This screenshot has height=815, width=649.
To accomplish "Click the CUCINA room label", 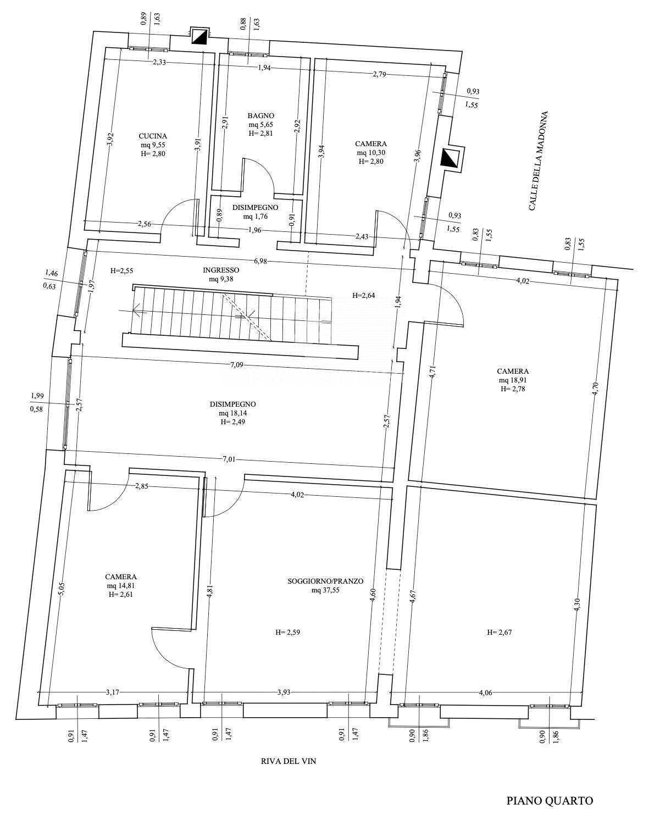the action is (x=153, y=136).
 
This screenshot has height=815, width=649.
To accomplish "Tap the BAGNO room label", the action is (x=261, y=115).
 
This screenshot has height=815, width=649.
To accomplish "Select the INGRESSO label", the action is (x=221, y=270).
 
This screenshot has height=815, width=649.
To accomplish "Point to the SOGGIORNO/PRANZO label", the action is (x=325, y=581).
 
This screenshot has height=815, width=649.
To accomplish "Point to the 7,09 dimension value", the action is (x=237, y=365).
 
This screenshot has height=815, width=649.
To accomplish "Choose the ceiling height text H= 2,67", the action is (x=500, y=632).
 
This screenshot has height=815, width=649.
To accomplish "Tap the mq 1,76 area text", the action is (x=255, y=217).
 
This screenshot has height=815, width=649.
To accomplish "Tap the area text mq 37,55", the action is (x=325, y=590).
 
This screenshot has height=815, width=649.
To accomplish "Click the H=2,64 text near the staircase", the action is (x=363, y=296).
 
